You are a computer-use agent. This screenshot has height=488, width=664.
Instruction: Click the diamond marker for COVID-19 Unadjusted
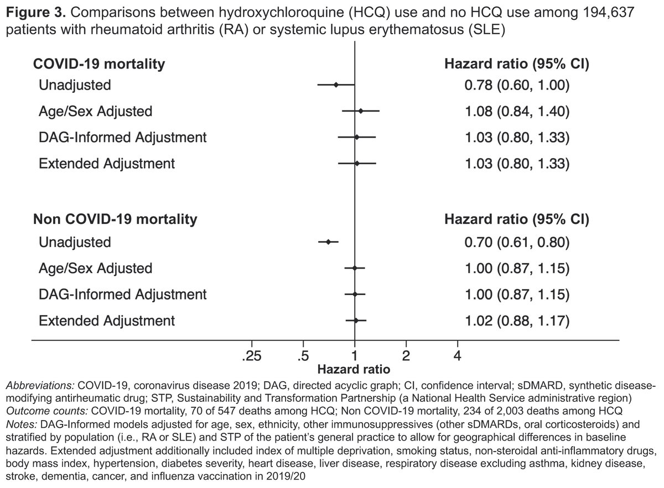point(336,85)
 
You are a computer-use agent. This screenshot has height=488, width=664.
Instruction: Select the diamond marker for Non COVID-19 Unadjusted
point(329,242)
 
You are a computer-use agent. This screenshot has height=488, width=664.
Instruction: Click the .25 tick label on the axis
point(251,356)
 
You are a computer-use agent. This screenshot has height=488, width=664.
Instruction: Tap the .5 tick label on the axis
point(303,356)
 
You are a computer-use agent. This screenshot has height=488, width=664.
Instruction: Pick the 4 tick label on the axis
point(458,356)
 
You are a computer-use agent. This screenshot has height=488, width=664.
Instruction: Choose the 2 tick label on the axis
point(406,356)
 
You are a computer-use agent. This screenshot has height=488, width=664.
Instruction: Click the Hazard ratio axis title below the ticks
point(354,368)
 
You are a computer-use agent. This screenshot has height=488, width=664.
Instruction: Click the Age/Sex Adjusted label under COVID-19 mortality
point(95,111)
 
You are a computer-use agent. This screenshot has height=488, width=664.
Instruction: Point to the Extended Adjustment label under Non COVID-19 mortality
point(107,320)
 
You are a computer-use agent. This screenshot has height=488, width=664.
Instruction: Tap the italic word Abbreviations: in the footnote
point(40,384)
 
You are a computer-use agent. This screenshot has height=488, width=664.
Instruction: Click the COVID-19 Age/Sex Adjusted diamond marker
point(361,111)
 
